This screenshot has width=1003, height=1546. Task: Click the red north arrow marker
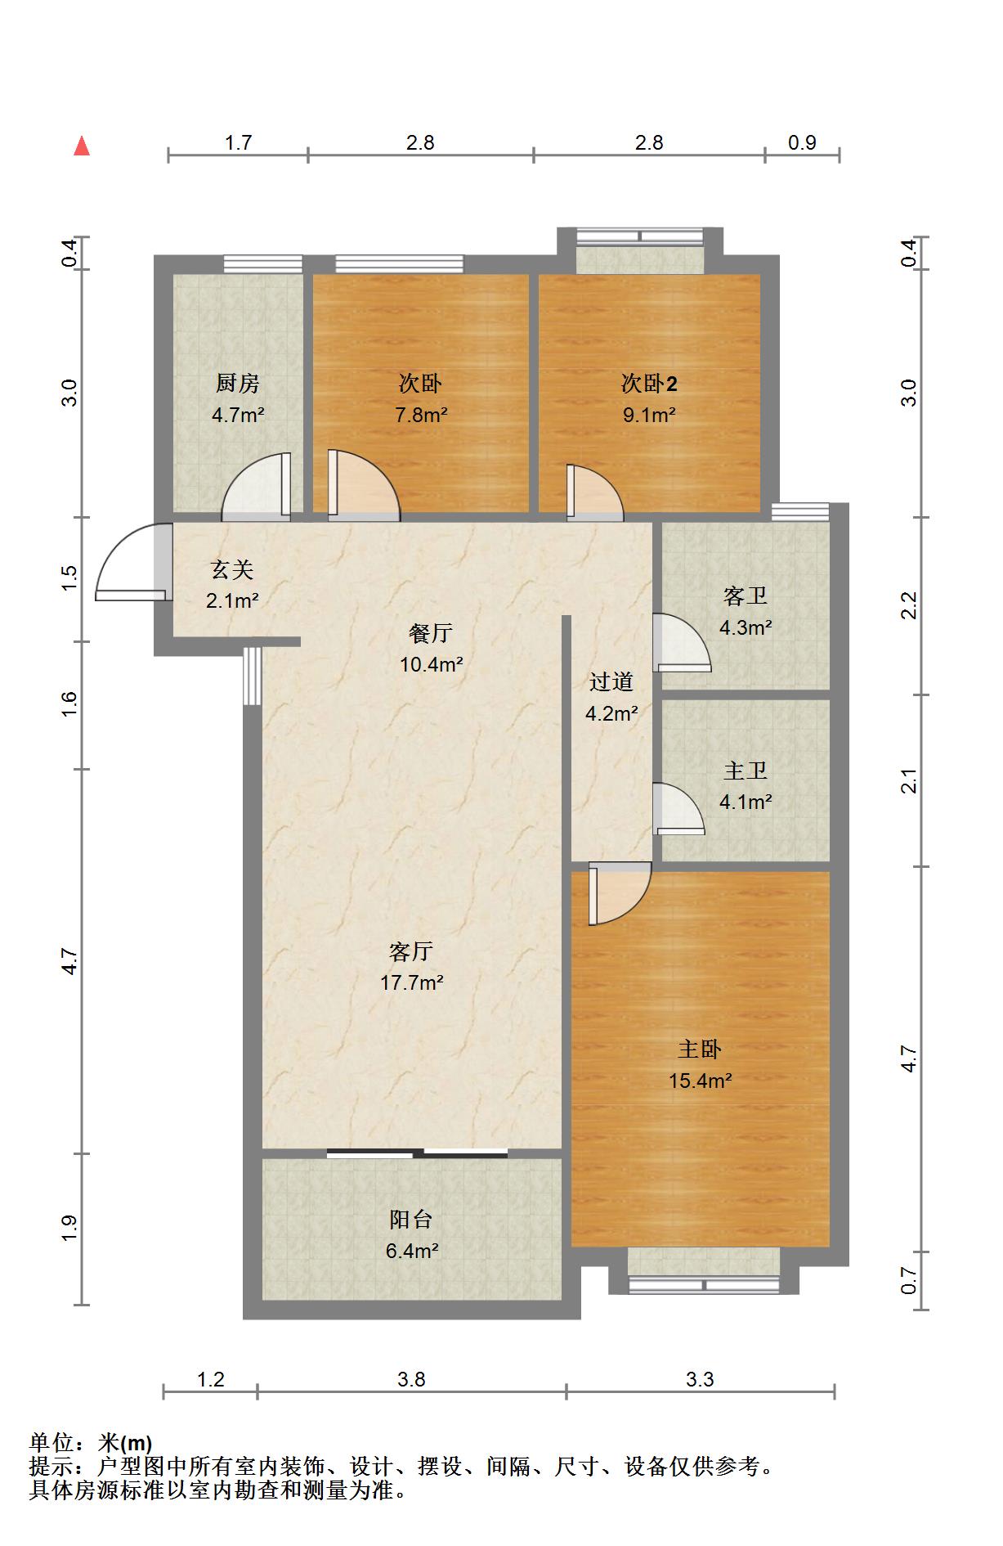82,146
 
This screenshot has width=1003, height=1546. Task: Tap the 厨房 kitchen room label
238,383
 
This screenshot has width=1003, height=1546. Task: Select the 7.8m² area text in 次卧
421,415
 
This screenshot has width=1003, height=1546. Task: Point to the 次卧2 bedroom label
649,383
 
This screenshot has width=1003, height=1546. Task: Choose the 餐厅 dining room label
431,633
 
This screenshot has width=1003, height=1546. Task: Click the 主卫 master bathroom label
746,771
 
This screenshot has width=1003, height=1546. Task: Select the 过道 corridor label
611,681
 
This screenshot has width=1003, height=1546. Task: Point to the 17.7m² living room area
412,982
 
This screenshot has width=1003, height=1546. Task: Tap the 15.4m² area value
700,1081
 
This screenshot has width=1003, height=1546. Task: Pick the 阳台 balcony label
410,1220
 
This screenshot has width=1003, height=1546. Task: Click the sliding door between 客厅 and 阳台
417,1153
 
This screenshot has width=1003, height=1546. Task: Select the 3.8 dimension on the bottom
412,1380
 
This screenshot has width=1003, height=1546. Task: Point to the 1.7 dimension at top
238,143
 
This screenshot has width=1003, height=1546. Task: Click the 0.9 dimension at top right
803,143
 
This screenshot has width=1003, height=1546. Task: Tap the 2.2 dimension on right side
909,606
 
